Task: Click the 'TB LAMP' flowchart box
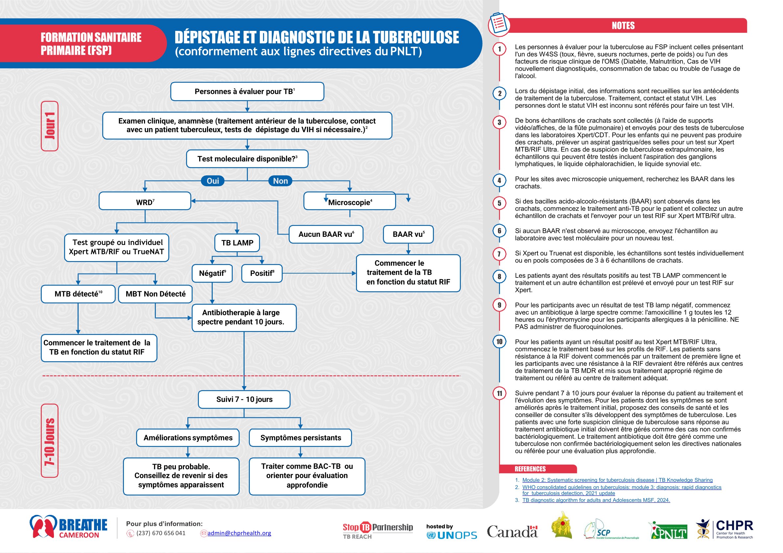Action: (x=237, y=243)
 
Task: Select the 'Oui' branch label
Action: (x=213, y=181)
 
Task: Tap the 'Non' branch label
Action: (x=280, y=181)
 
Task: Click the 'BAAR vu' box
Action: (x=408, y=234)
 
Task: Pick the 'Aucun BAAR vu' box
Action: (x=326, y=234)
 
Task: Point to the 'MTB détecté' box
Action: (x=78, y=294)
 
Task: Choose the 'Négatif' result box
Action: (x=212, y=273)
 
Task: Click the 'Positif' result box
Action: (x=262, y=273)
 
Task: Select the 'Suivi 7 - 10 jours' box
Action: (x=244, y=399)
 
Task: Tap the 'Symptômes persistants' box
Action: (x=300, y=438)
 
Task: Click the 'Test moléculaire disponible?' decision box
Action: (x=247, y=159)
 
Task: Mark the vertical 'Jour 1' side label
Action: (x=50, y=126)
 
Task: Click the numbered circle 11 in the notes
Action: (x=499, y=393)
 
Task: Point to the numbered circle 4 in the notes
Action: (x=499, y=181)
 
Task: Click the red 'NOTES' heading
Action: (x=623, y=26)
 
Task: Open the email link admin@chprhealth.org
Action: (x=239, y=533)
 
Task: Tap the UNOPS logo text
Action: (x=457, y=536)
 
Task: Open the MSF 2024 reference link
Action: (x=596, y=500)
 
